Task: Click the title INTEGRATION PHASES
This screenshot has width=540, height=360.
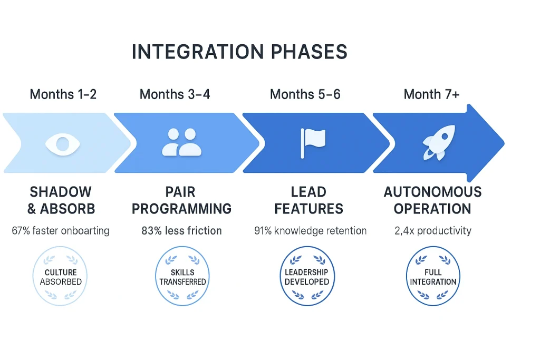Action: click(x=239, y=52)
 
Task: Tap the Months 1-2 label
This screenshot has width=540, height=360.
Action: click(x=63, y=94)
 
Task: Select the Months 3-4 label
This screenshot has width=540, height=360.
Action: click(x=175, y=94)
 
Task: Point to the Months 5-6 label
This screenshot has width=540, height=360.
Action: click(x=305, y=94)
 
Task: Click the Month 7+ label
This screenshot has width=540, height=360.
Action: click(x=432, y=94)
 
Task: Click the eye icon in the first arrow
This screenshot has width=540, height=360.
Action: click(x=63, y=143)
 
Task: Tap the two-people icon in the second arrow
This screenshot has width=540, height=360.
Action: click(x=181, y=143)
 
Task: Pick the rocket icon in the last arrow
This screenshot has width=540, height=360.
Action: click(x=436, y=143)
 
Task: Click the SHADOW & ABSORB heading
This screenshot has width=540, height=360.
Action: click(x=61, y=200)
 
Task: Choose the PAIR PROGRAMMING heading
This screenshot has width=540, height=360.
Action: click(x=181, y=200)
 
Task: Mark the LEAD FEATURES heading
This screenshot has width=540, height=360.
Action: click(x=308, y=200)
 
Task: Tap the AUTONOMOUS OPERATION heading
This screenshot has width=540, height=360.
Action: click(x=432, y=200)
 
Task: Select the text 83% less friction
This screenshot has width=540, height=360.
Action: click(x=181, y=230)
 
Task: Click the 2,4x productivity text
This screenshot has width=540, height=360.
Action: click(x=432, y=230)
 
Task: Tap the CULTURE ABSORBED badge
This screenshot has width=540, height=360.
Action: click(x=61, y=277)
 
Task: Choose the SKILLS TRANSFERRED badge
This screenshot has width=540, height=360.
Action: click(x=182, y=277)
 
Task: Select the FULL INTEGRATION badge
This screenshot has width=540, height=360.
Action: click(x=433, y=277)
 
